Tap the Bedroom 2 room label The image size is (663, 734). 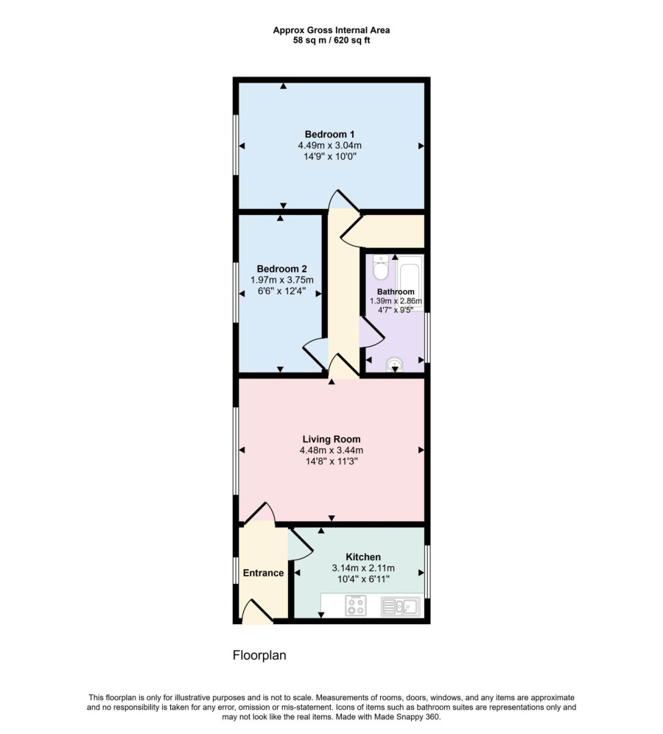281,269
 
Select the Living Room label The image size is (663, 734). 331,439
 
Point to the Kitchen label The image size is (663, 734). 363,557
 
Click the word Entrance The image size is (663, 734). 263,573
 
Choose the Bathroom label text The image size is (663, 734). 396,292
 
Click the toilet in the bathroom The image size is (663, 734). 380,267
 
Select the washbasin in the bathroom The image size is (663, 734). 395,364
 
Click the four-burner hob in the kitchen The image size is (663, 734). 356,605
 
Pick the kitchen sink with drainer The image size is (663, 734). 401,607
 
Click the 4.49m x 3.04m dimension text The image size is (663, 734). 330,146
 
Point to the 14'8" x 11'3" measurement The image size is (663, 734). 331,462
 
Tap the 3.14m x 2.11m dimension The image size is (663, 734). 363,568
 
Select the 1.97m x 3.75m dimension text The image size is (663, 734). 282,280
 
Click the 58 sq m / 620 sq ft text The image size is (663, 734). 331,40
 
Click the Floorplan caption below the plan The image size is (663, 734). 259,655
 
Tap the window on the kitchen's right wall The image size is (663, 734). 427,571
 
